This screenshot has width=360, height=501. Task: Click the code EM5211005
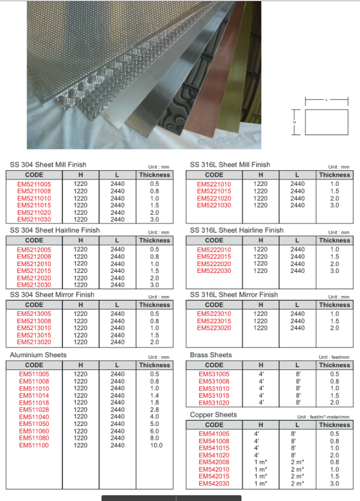pyautogui.click(x=34, y=184)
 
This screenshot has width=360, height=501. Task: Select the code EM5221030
pyautogui.click(x=214, y=205)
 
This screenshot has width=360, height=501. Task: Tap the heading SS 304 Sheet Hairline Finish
pyautogui.click(x=55, y=230)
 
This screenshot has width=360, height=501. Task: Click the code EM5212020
pyautogui.click(x=34, y=278)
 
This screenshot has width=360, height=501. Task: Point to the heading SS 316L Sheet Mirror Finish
pyautogui.click(x=234, y=294)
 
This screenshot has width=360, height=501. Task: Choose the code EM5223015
pyautogui.click(x=214, y=321)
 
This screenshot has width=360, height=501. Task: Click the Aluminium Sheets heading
pyautogui.click(x=38, y=355)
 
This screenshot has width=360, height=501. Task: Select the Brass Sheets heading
pyautogui.click(x=211, y=355)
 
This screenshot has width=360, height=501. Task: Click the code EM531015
pyautogui.click(x=214, y=395)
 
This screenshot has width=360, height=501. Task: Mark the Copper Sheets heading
pyautogui.click(x=213, y=415)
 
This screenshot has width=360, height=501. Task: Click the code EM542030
pyautogui.click(x=214, y=483)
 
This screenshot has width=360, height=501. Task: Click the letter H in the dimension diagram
pyautogui.click(x=294, y=122)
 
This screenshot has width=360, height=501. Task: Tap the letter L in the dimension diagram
pyautogui.click(x=326, y=100)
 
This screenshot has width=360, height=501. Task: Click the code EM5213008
pyautogui.click(x=34, y=321)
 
